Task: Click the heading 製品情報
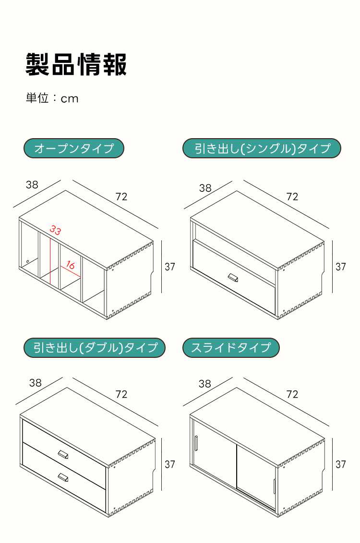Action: [76, 64]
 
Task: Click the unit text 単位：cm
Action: [52, 98]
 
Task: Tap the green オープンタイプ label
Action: [74, 148]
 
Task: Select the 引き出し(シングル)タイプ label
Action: [262, 148]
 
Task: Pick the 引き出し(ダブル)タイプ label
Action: [95, 347]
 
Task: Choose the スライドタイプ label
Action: [231, 347]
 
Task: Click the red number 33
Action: [55, 230]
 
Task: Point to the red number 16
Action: [70, 265]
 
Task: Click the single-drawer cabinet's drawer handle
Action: [233, 277]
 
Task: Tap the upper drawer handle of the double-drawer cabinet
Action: [63, 454]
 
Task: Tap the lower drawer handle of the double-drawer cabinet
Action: [63, 478]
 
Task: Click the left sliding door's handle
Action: [196, 443]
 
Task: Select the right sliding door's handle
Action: [274, 486]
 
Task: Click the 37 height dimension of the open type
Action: [170, 267]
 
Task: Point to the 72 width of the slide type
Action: [292, 394]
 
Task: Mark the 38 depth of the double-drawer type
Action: [36, 383]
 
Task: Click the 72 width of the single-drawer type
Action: [292, 197]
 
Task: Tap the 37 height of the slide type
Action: [341, 464]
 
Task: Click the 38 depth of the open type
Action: [32, 185]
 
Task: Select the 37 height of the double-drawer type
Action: [170, 464]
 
